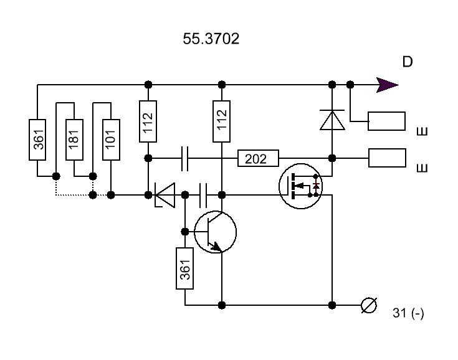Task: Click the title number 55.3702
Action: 211,39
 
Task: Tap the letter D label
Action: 408,62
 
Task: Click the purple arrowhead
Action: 387,85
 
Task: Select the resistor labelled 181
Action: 74,140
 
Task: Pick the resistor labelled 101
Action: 111,140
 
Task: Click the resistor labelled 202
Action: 258,158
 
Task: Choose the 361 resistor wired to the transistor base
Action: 184,268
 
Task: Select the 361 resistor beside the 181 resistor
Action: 37,140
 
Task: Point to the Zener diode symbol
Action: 165,195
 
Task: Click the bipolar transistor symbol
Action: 215,232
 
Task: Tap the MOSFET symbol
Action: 300,186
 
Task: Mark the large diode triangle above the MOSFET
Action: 332,120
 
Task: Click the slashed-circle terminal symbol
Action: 369,305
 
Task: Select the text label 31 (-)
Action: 408,313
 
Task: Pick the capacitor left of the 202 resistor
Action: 185,159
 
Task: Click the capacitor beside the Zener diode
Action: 203,195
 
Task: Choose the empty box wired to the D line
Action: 386,121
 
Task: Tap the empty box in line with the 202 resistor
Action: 387,158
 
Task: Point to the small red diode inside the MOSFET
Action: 316,186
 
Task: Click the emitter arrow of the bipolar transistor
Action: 217,247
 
